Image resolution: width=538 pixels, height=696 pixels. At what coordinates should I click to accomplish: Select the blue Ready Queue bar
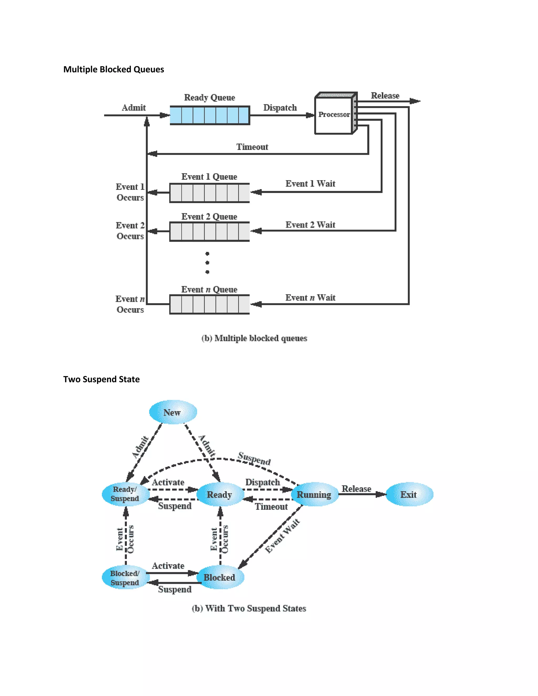pyautogui.click(x=209, y=115)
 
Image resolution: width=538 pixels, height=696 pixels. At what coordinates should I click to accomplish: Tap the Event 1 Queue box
pyautogui.click(x=209, y=193)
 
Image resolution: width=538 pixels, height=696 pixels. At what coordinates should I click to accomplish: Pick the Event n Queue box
pyautogui.click(x=209, y=304)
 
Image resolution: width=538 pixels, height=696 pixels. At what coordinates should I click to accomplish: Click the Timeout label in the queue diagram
pyautogui.click(x=252, y=147)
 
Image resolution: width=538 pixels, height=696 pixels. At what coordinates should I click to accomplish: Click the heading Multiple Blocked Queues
pyautogui.click(x=113, y=70)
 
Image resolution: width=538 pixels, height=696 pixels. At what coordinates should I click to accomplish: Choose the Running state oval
pyautogui.click(x=314, y=494)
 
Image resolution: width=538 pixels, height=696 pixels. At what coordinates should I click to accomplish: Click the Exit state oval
pyautogui.click(x=409, y=494)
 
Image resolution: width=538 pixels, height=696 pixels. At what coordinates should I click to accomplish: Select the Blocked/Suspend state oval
pyautogui.click(x=125, y=578)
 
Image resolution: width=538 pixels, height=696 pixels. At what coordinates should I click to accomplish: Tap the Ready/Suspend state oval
pyautogui.click(x=125, y=494)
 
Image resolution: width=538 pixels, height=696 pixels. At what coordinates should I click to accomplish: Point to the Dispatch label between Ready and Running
pyautogui.click(x=262, y=482)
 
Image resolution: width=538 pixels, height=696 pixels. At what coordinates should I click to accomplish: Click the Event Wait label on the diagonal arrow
pyautogui.click(x=282, y=536)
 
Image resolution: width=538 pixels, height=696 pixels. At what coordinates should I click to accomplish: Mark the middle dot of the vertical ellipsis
pyautogui.click(x=207, y=263)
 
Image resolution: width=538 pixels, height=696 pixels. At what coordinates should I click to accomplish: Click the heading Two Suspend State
pyautogui.click(x=101, y=379)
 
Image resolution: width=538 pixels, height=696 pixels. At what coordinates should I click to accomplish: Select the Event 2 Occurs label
pyautogui.click(x=130, y=231)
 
